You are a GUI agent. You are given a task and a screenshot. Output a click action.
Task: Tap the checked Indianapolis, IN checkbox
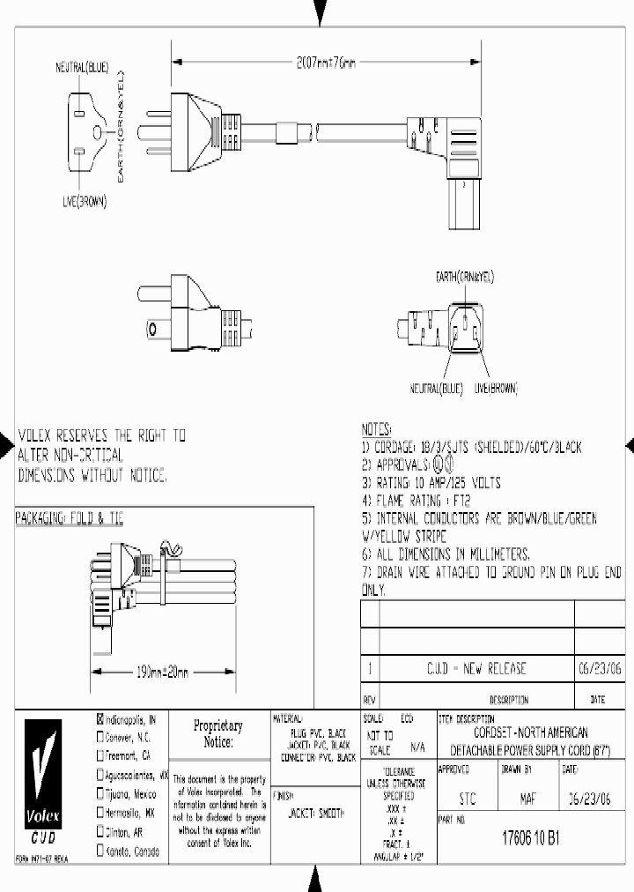click(x=100, y=718)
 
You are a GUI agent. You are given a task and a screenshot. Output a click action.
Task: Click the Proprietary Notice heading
click(x=217, y=734)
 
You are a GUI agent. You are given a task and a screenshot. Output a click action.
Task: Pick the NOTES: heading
click(x=376, y=429)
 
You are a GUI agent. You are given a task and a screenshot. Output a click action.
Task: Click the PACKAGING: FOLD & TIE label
click(x=70, y=520)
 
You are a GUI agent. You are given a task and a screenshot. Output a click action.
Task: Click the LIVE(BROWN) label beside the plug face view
click(x=85, y=202)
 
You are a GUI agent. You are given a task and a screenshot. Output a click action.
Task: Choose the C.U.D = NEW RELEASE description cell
click(x=475, y=668)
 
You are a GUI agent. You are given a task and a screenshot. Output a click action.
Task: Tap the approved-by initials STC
click(x=469, y=799)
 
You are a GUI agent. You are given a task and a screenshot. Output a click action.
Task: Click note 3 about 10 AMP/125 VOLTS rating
click(x=431, y=483)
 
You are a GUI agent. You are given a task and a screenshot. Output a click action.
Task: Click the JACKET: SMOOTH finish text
click(x=316, y=812)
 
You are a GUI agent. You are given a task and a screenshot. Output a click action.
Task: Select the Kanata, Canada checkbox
click(x=100, y=852)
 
